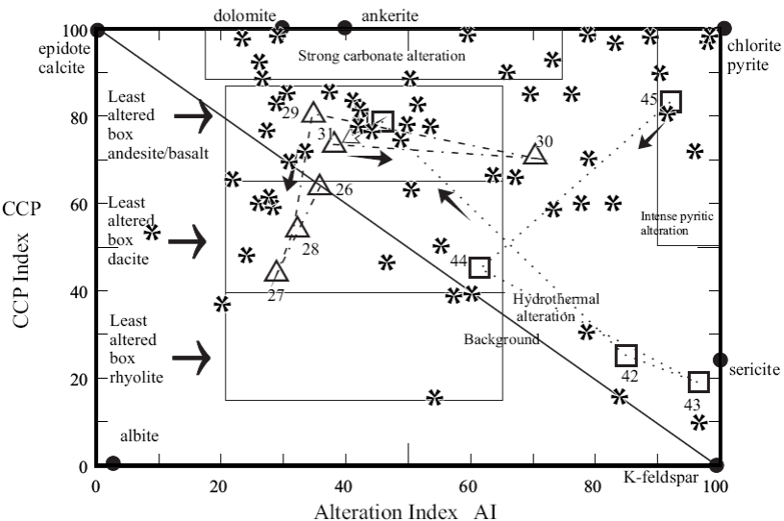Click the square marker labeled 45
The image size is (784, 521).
[671, 101]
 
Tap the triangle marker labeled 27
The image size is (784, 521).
[277, 272]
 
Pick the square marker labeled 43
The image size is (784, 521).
[698, 382]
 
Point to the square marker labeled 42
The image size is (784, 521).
[626, 356]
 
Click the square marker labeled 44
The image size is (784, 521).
[478, 267]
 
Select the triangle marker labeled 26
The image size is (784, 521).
[320, 186]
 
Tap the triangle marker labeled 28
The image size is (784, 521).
[298, 229]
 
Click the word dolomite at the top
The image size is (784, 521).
[244, 15]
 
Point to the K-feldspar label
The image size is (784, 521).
[657, 478]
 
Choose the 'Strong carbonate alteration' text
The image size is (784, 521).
[381, 56]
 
